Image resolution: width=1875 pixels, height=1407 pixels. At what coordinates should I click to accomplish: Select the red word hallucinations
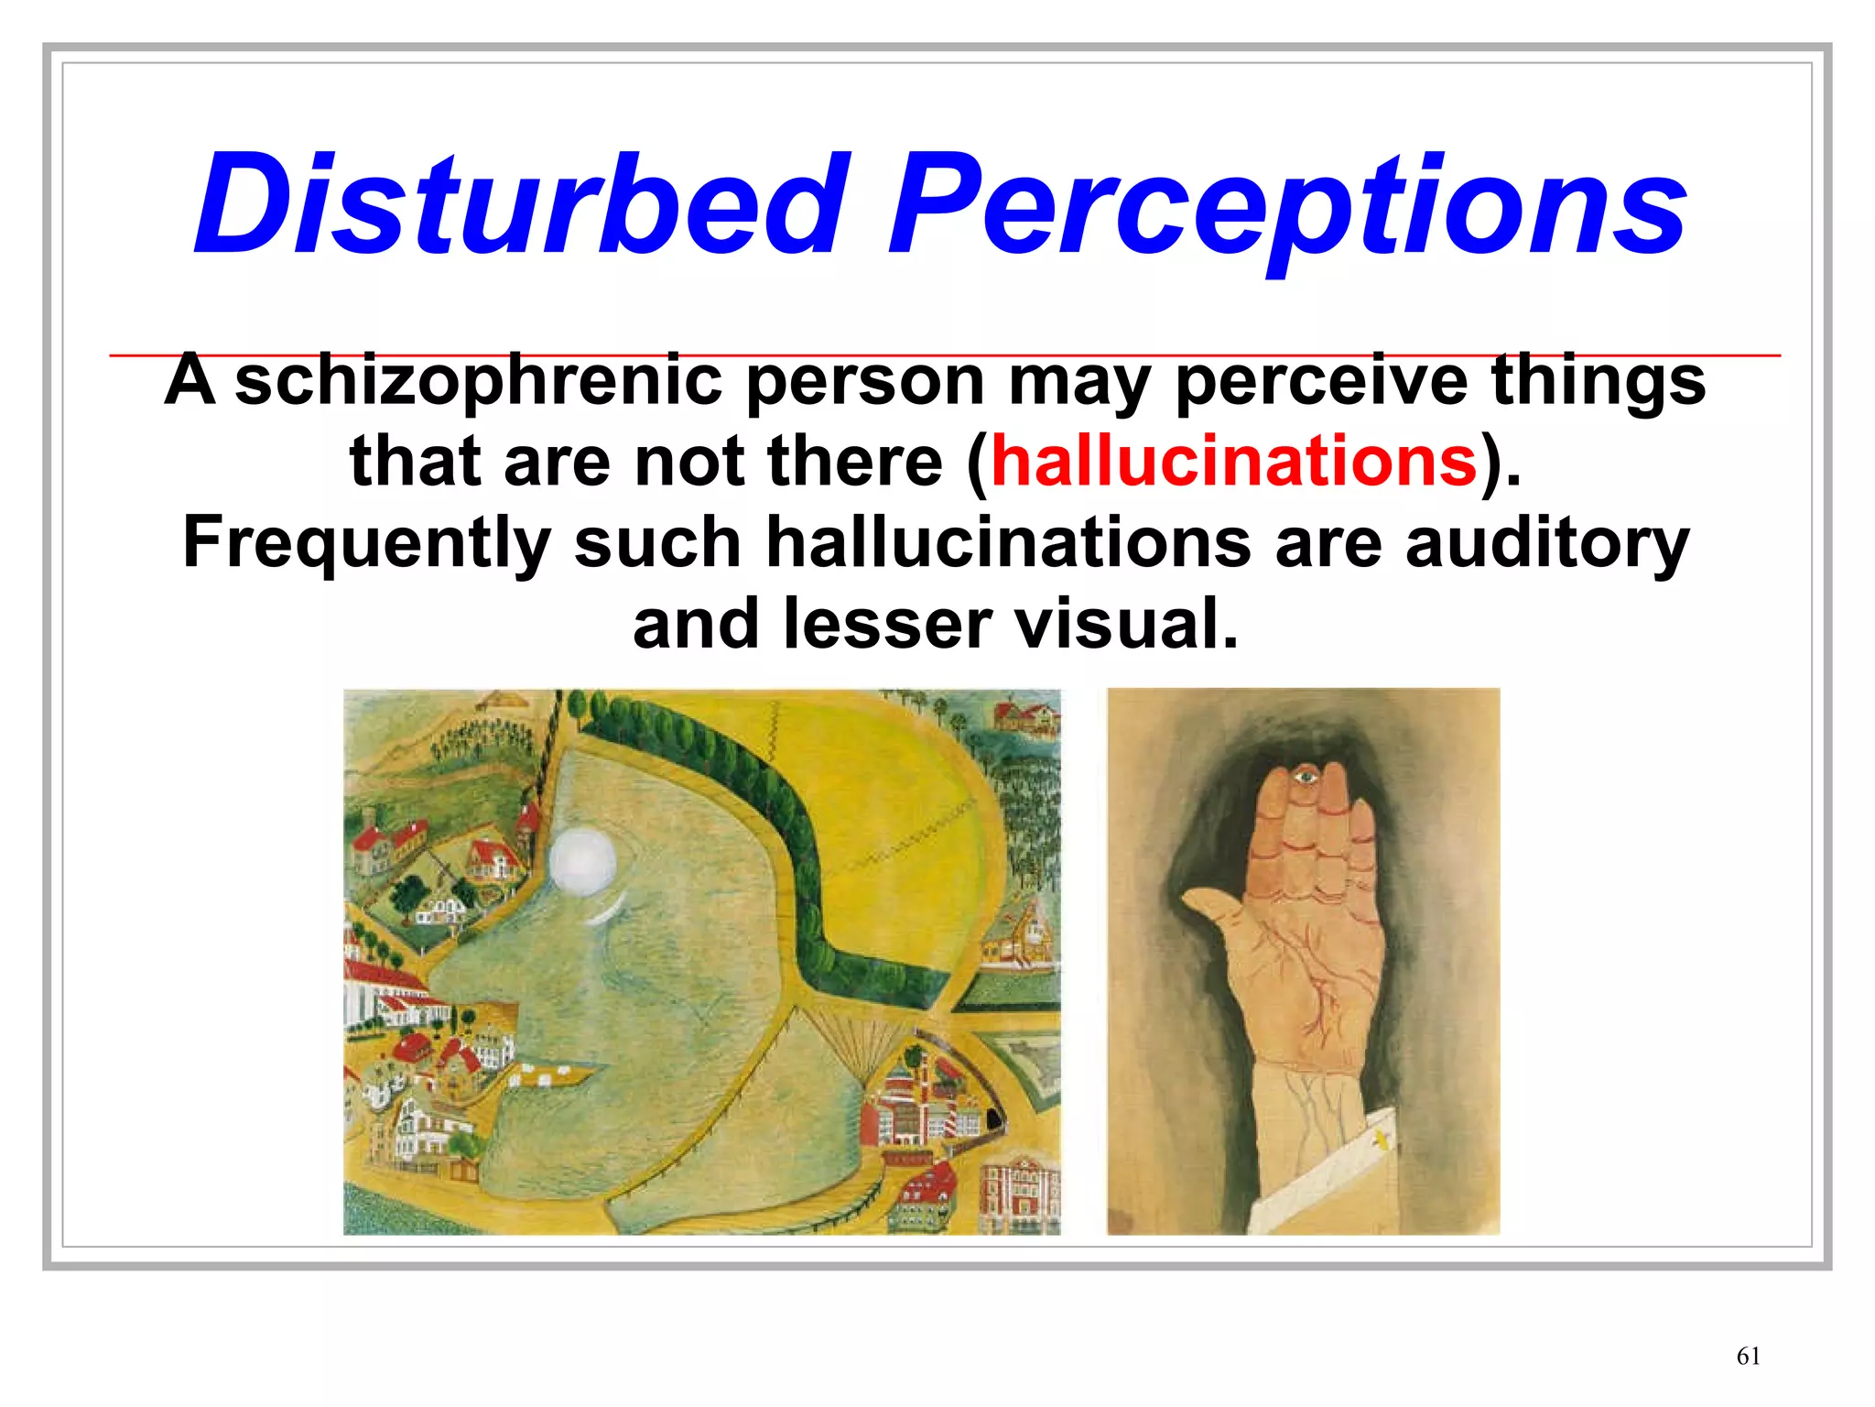tap(1233, 461)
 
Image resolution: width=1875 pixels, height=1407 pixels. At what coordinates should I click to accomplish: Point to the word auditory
tap(1547, 542)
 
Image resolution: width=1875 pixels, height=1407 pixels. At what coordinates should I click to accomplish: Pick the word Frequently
tap(366, 542)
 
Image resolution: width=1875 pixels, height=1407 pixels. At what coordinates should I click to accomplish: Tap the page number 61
tap(1748, 1357)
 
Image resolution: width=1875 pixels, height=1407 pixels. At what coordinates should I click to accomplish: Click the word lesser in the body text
tap(887, 624)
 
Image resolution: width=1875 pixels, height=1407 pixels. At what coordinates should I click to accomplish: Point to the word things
tap(1598, 380)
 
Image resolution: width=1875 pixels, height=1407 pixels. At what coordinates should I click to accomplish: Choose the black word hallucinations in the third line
tap(1008, 542)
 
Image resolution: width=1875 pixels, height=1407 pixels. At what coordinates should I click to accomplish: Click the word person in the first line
tap(865, 380)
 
